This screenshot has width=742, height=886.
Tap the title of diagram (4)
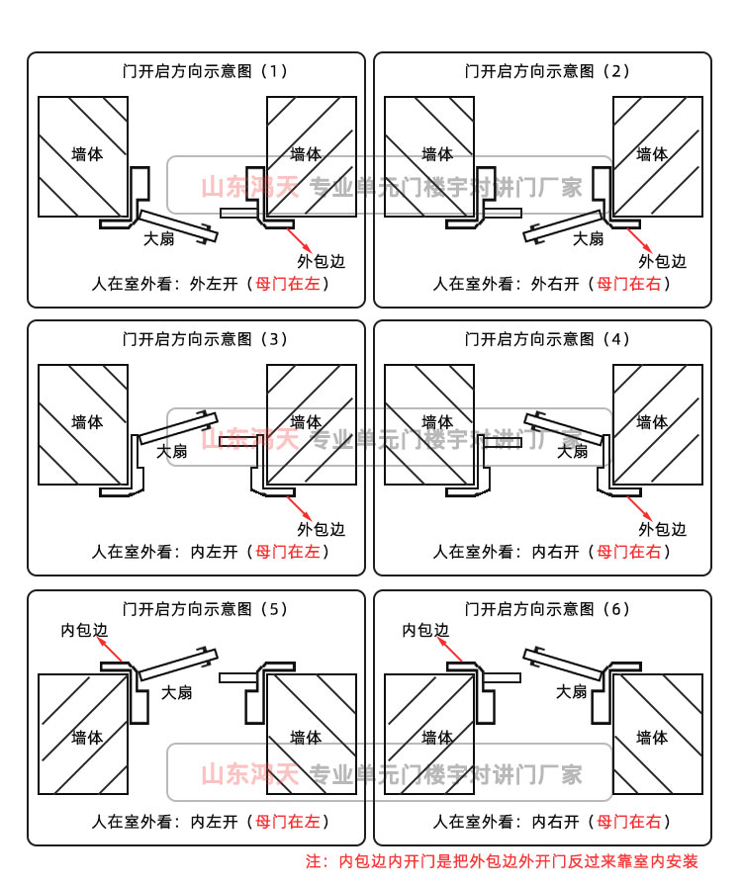[x=547, y=339]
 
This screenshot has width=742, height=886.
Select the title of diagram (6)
[x=547, y=608]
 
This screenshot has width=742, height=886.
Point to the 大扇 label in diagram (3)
[x=171, y=451]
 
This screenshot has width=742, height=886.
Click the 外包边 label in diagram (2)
[x=662, y=261]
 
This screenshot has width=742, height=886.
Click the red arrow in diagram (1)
[x=301, y=238]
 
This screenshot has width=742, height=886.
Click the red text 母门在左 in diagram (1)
[x=289, y=284]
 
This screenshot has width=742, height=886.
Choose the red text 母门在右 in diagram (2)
[x=631, y=284]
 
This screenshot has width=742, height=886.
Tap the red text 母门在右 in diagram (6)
[x=631, y=821]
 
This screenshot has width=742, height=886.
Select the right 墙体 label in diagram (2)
[x=652, y=154]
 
